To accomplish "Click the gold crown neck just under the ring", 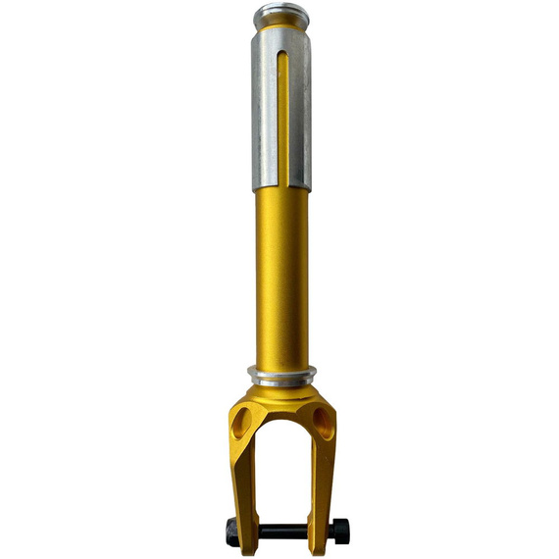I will coord(280,389).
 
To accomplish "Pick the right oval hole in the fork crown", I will coord(323,424).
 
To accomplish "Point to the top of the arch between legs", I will coord(280,420).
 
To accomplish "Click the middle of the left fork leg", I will coord(243,481).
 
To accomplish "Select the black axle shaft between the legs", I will coord(280,532).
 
